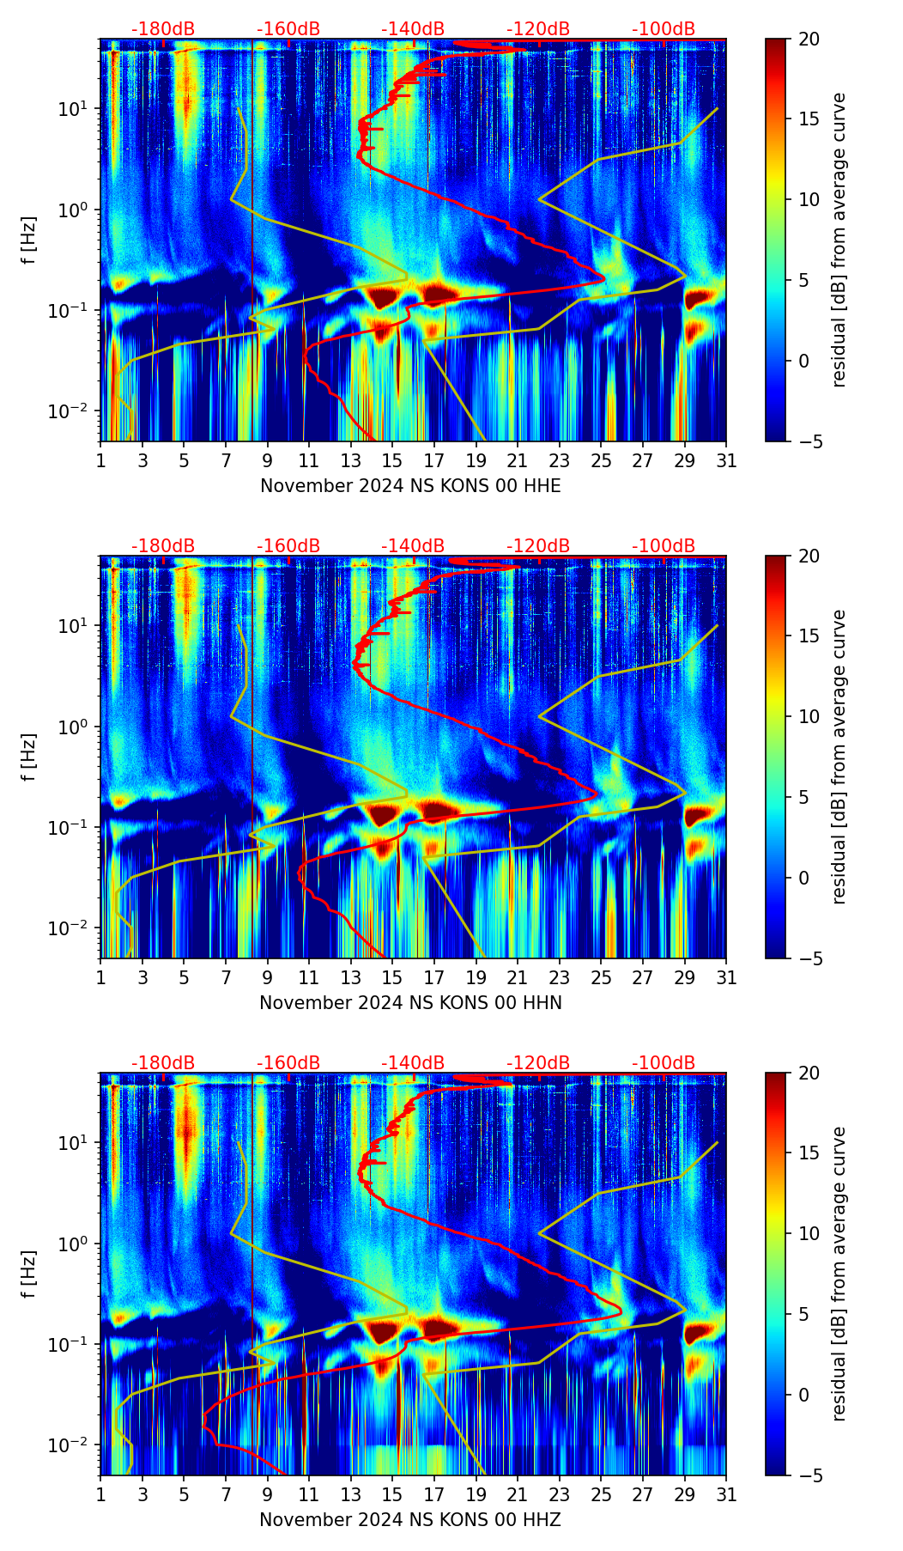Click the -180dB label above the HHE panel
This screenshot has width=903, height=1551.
pos(163,29)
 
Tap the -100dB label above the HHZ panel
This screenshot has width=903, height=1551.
pos(664,1063)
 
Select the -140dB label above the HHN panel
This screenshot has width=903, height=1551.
pos(413,546)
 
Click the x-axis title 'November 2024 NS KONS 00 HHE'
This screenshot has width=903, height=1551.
pos(410,486)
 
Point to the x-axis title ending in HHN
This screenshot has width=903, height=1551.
pos(410,1003)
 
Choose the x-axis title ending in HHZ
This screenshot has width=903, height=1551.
pos(410,1520)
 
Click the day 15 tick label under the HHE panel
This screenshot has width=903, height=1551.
pos(392,461)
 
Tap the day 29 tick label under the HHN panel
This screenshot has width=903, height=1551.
pos(685,978)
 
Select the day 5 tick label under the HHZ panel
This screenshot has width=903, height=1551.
pos(184,1495)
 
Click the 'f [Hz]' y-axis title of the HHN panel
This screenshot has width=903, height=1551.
pos(29,757)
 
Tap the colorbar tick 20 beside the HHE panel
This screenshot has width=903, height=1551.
pos(809,40)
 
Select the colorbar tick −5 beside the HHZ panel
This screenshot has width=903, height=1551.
pos(809,1475)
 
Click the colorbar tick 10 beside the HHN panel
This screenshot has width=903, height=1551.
pos(809,716)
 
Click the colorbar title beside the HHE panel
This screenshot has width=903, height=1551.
pos(839,240)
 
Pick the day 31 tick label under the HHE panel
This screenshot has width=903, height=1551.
pos(726,461)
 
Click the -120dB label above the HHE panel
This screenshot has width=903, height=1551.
pos(538,29)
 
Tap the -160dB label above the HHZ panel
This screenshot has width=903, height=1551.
pos(288,1063)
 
